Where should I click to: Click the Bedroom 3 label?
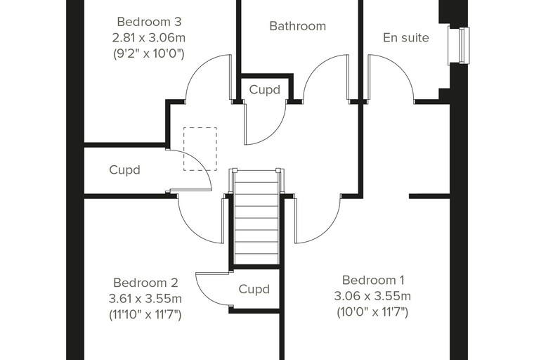pos(149,22)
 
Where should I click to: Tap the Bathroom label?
pos(298,26)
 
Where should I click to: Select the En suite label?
pos(406,37)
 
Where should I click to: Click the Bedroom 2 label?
pos(145,283)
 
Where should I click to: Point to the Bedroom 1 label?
pos(373,280)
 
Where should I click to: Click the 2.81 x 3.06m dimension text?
pos(149,37)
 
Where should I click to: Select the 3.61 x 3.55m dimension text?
pos(145,299)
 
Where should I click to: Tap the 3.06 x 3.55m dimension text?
pos(372,296)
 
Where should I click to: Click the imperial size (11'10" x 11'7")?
pos(145,314)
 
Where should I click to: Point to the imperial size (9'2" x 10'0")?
pos(149,53)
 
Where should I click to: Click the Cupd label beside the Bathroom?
pos(265,90)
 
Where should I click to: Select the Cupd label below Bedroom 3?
pos(124,169)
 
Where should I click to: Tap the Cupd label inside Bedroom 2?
pos(254,289)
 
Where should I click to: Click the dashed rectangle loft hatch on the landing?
pos(200,127)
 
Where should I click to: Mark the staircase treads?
pos(256,217)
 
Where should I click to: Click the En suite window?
pos(459,45)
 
